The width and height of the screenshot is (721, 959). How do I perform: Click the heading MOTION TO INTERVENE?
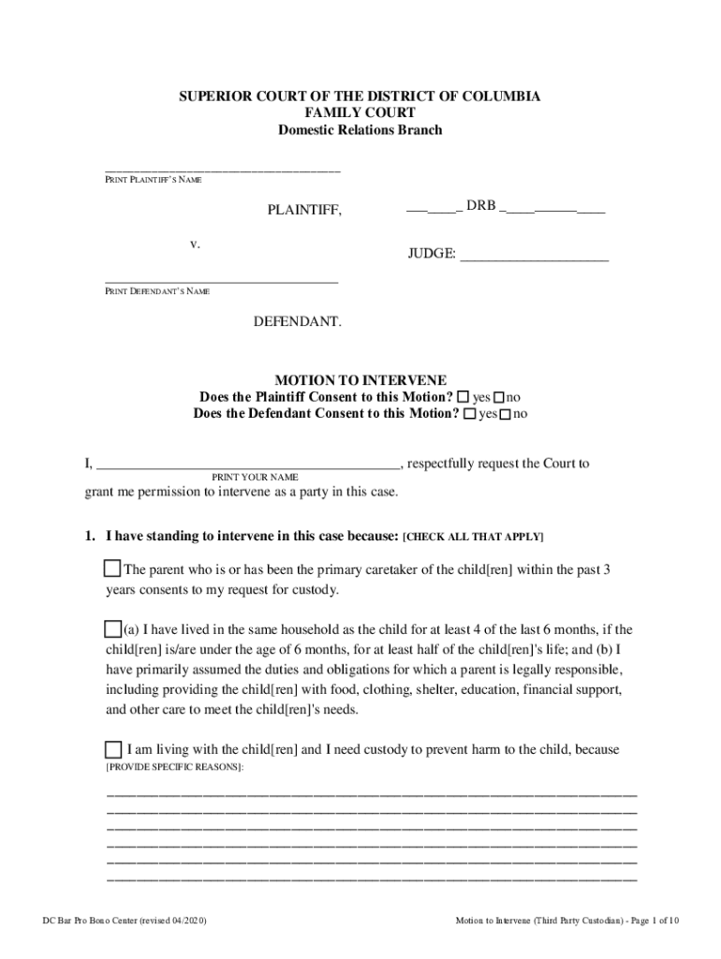[x=360, y=381]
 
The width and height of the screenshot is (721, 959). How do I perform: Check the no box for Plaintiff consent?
[x=499, y=398]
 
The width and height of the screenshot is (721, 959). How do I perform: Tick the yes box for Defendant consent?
[x=469, y=414]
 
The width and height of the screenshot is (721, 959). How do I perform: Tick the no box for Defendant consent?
[x=506, y=415]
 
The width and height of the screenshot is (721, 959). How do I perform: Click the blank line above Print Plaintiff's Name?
[x=222, y=170]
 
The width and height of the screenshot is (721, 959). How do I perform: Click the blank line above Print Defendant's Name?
[x=221, y=281]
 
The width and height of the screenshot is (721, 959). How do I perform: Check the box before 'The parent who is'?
[x=112, y=569]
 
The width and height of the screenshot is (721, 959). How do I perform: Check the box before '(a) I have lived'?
[x=112, y=628]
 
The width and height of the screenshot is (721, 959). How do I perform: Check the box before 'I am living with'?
[x=112, y=749]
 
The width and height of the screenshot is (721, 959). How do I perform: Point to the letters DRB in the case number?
[x=480, y=206]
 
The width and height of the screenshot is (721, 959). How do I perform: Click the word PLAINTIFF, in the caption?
[x=304, y=211]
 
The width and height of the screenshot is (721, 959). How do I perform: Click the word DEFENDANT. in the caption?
[x=298, y=322]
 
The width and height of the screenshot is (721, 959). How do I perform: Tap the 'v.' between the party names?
[x=195, y=244]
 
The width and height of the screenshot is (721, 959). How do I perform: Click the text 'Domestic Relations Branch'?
[x=360, y=130]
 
